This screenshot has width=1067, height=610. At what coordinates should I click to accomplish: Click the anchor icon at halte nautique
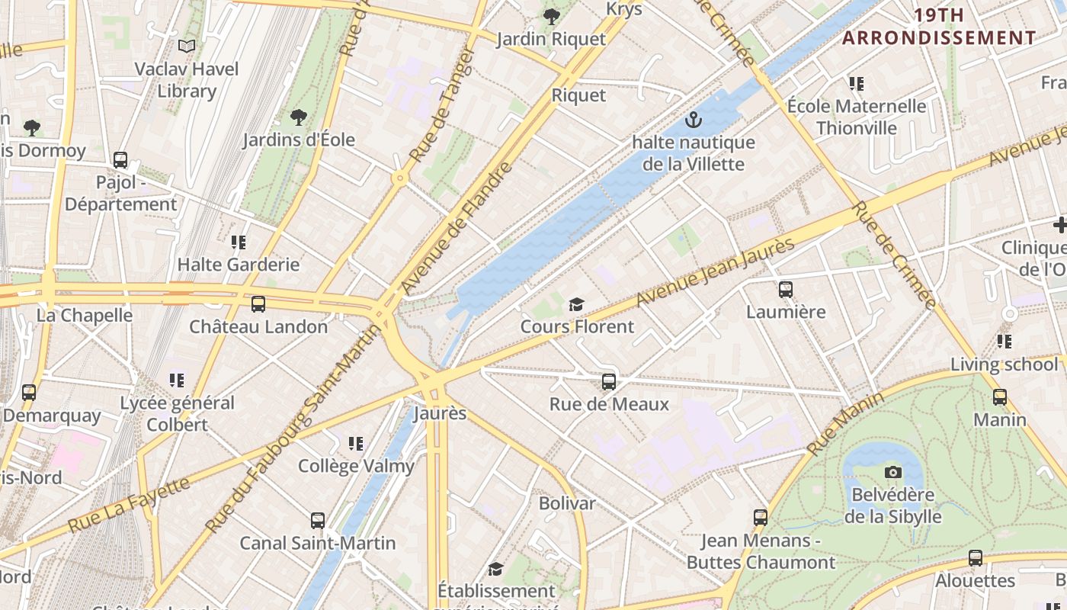pyautogui.click(x=693, y=120)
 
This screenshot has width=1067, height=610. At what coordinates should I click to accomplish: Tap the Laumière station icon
pyautogui.click(x=786, y=290)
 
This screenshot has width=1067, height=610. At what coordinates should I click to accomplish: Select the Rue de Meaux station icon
pyautogui.click(x=608, y=382)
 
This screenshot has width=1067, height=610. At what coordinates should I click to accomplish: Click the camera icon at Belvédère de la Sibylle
pyautogui.click(x=893, y=473)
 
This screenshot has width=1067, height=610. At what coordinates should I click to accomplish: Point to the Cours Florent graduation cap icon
pyautogui.click(x=576, y=305)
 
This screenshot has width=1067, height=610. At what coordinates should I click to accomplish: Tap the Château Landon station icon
pyautogui.click(x=258, y=304)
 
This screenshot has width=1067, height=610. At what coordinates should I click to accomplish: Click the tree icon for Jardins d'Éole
pyautogui.click(x=299, y=117)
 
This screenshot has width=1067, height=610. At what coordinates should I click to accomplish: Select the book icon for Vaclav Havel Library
pyautogui.click(x=187, y=47)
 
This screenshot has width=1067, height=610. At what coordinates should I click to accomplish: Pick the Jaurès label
pyautogui.click(x=440, y=413)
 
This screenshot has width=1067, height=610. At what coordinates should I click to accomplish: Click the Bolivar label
pyautogui.click(x=567, y=503)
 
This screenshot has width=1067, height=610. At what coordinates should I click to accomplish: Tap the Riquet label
pyautogui.click(x=578, y=95)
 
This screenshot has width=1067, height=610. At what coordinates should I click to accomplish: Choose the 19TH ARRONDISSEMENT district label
pyautogui.click(x=939, y=27)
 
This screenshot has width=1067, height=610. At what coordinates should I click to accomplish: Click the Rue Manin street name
pyautogui.click(x=845, y=423)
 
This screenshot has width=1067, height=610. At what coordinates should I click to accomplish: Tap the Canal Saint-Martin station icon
pyautogui.click(x=318, y=521)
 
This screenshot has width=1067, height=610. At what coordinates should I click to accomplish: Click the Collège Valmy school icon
pyautogui.click(x=355, y=443)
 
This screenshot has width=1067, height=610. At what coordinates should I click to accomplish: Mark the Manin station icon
pyautogui.click(x=999, y=397)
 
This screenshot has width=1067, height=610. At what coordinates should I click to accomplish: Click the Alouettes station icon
pyautogui.click(x=975, y=558)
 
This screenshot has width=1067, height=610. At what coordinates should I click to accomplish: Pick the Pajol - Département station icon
pyautogui.click(x=120, y=160)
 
